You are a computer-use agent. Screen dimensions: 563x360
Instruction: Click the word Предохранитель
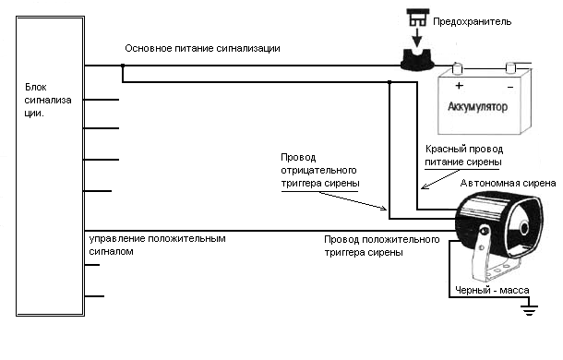[x=472, y=22]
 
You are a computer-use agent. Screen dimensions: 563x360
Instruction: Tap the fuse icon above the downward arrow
[x=417, y=18]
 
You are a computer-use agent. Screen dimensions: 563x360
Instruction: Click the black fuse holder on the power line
[x=417, y=60]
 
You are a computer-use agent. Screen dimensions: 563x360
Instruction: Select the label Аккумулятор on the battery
[x=477, y=107]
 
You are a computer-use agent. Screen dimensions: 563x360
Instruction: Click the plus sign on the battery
[x=459, y=86]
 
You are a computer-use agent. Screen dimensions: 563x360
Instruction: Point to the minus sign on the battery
[x=510, y=87]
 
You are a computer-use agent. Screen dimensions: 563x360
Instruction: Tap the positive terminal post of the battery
[x=457, y=68]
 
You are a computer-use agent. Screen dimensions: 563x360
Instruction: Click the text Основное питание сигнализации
[x=202, y=49]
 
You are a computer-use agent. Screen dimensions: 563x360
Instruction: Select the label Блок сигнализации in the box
[x=48, y=100]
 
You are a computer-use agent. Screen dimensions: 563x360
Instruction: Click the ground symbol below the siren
[x=529, y=309]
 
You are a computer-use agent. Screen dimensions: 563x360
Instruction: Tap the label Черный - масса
[x=492, y=290]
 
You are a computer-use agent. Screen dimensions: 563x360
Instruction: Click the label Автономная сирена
[x=508, y=184]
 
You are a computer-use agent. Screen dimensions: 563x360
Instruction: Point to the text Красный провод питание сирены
[x=464, y=155]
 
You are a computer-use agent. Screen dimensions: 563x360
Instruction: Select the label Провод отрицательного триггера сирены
[x=320, y=170]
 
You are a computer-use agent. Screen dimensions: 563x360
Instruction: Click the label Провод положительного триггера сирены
[x=382, y=246]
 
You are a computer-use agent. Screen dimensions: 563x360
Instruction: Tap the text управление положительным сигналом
[x=157, y=245]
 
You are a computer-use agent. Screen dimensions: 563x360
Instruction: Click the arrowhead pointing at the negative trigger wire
[x=383, y=208]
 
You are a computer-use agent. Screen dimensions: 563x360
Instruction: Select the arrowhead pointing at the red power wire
[x=425, y=186]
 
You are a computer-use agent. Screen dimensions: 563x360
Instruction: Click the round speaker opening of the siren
[x=524, y=228]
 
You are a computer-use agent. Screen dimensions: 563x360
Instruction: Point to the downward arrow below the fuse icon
[x=417, y=37]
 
